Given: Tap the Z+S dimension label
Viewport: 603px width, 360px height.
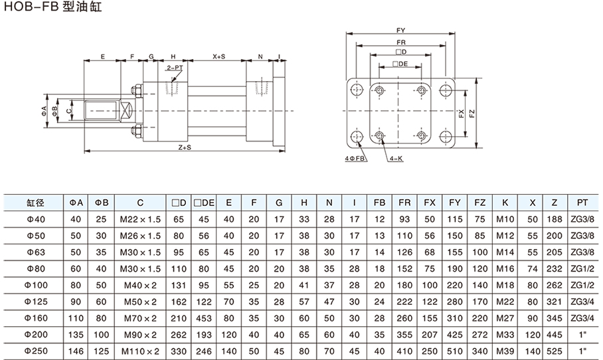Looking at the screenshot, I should pos(183,147).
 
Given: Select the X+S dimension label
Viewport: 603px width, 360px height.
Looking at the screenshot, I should pos(219,57).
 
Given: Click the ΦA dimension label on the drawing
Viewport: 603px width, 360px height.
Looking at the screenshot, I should pos(44,109).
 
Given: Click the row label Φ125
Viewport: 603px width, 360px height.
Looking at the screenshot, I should pos(35,301).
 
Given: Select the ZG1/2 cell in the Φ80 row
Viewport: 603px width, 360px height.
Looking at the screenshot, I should pos(582,268).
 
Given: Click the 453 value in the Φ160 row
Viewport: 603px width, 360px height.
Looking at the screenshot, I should pos(207,317).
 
